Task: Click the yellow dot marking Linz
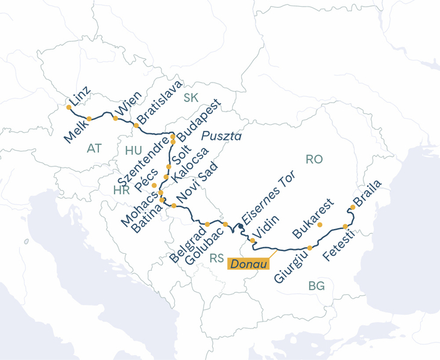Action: pos(69,107)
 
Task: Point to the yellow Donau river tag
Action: pos(248,262)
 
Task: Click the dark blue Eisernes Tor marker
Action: pos(240,226)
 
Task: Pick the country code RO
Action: pos(314,159)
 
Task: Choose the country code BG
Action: pos(316,286)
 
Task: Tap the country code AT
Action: pos(94,148)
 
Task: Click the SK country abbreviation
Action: pos(191,98)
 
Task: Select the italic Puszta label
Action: pos(221,135)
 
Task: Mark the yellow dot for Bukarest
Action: pos(320,225)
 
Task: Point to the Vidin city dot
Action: pos(253,241)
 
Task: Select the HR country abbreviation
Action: pos(121,191)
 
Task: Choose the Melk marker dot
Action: pos(89,119)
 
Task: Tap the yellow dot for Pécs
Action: pos(154,185)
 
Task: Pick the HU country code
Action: pos(133,150)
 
